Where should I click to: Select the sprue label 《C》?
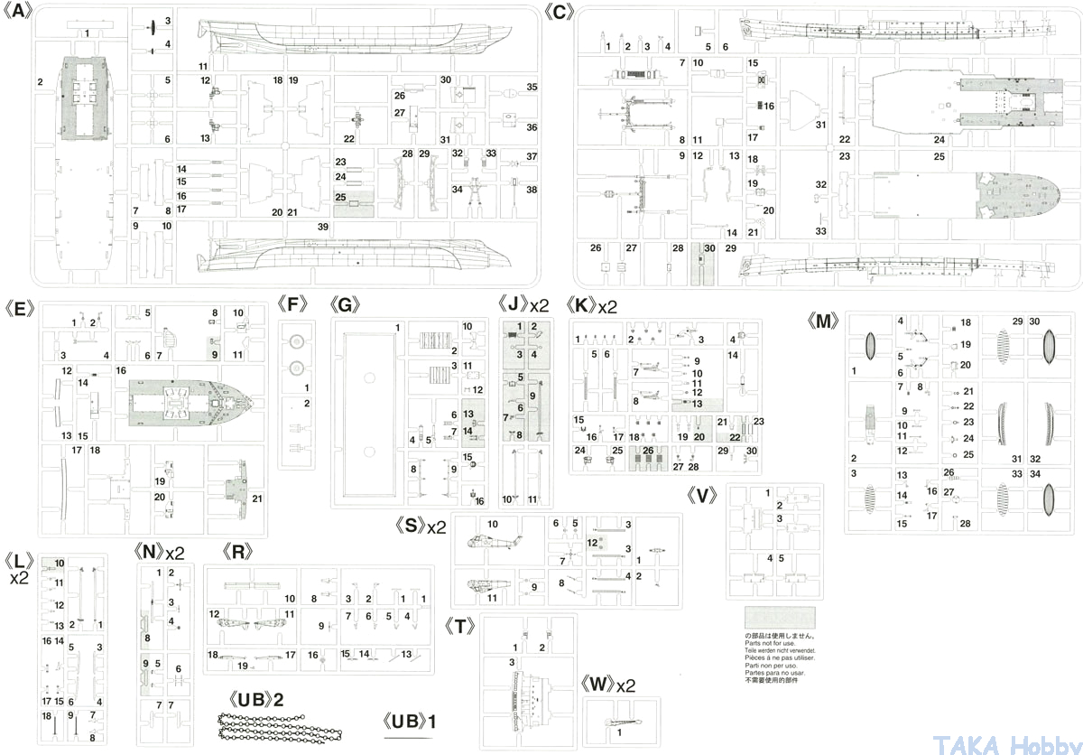click(x=560, y=12)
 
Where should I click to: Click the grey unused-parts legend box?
click(x=780, y=619)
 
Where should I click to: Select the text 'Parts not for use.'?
click(x=770, y=643)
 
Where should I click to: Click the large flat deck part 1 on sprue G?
click(x=367, y=411)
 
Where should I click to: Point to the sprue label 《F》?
click(x=293, y=303)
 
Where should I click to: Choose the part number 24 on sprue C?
click(x=940, y=139)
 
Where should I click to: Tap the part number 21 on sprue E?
click(x=257, y=499)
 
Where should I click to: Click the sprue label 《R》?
click(x=236, y=551)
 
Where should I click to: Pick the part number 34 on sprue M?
click(x=1035, y=474)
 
